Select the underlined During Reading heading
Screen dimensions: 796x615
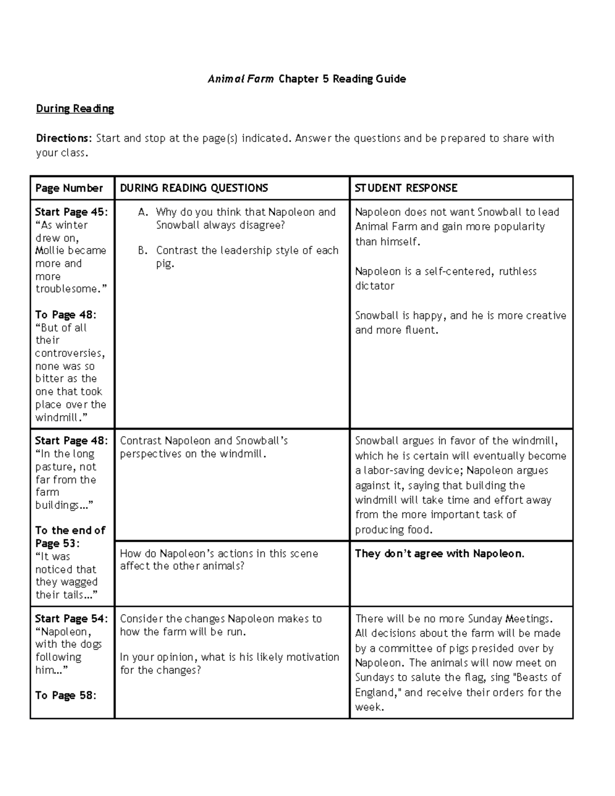pos(75,109)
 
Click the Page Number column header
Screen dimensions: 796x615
pos(69,188)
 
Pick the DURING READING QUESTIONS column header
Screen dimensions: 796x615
pos(194,188)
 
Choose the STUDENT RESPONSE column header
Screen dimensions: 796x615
pos(406,188)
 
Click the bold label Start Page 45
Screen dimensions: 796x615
pos(71,212)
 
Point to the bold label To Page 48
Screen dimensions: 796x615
pos(65,315)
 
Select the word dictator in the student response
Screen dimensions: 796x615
pos(375,286)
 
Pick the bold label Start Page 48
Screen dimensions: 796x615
pos(71,441)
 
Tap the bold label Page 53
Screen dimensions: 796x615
pos(57,543)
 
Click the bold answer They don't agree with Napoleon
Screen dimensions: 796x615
pos(439,554)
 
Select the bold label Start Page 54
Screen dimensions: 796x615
pos(71,619)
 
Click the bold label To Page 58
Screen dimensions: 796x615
pos(65,696)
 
